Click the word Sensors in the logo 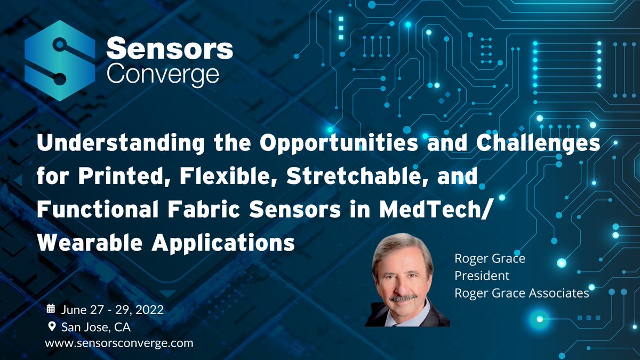[x=170, y=50]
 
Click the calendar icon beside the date [x=51, y=308]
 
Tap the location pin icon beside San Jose [x=51, y=326]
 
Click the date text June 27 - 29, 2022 [x=112, y=309]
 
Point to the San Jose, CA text [x=96, y=326]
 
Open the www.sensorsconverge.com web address [x=118, y=343]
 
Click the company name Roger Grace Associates [x=521, y=293]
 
